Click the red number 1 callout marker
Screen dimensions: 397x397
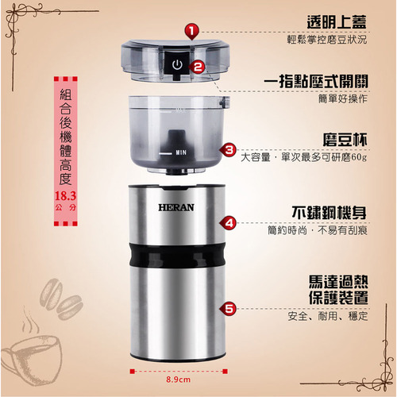point(192,32)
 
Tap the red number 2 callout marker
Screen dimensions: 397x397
point(197,67)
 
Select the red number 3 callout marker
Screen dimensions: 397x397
point(228,150)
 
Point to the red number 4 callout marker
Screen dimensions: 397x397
point(228,223)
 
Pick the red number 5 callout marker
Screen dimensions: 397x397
point(228,309)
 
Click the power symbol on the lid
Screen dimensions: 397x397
point(177,65)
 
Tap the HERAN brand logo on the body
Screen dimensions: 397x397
point(176,207)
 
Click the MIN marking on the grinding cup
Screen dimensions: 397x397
point(181,152)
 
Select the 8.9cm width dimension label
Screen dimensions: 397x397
point(178,380)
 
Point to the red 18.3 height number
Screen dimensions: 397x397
point(65,196)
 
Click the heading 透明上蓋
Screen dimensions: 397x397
point(337,22)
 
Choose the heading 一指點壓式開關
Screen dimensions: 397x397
point(316,81)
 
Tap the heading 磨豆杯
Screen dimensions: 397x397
point(345,140)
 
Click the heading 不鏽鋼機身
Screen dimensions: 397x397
point(330,213)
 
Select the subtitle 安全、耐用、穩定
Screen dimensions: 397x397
point(328,316)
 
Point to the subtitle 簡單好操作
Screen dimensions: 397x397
point(343,99)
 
